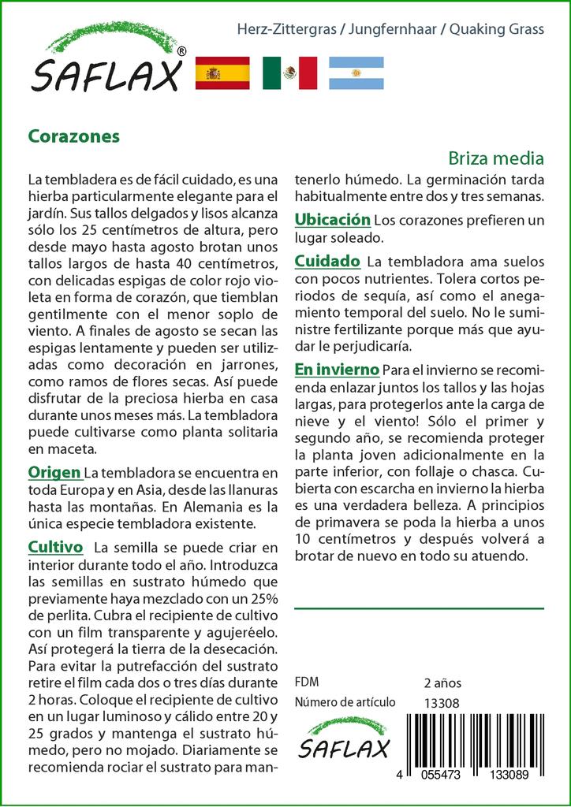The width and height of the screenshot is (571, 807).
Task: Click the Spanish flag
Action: [222, 73]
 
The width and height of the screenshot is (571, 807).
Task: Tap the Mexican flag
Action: [289, 73]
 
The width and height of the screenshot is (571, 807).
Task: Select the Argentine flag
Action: [356, 73]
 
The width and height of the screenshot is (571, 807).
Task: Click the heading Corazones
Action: [74, 136]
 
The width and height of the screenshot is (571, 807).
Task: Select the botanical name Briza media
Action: [496, 157]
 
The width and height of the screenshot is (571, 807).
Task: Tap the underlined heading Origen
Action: [54, 472]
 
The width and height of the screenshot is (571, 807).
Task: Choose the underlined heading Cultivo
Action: [55, 546]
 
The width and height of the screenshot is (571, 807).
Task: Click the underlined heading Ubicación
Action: [332, 219]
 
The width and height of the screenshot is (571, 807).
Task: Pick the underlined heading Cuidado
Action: [327, 261]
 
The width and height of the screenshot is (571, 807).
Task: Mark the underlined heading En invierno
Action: [337, 369]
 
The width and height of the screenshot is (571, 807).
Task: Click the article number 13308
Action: [441, 703]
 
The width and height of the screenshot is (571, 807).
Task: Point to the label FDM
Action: [306, 682]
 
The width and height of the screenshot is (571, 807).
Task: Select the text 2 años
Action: [442, 682]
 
